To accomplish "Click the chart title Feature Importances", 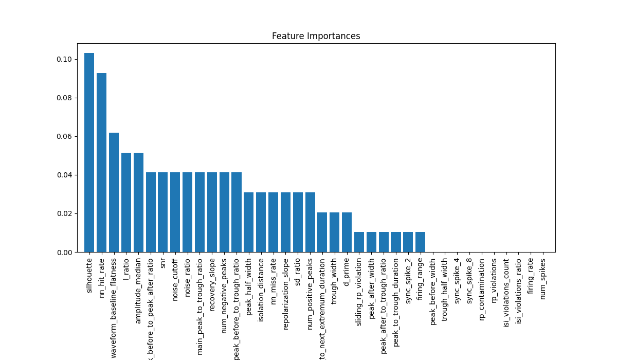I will point(316,36).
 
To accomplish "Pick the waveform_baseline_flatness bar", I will point(114,192).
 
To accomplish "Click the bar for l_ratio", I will point(126,203).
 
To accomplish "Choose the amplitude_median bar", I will point(138,203).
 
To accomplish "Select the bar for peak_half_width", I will point(249,222).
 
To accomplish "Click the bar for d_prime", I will point(347,232).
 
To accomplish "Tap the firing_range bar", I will point(420,242).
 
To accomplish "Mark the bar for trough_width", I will point(334,232).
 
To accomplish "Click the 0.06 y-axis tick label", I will point(64,136).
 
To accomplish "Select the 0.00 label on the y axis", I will point(64,252).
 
